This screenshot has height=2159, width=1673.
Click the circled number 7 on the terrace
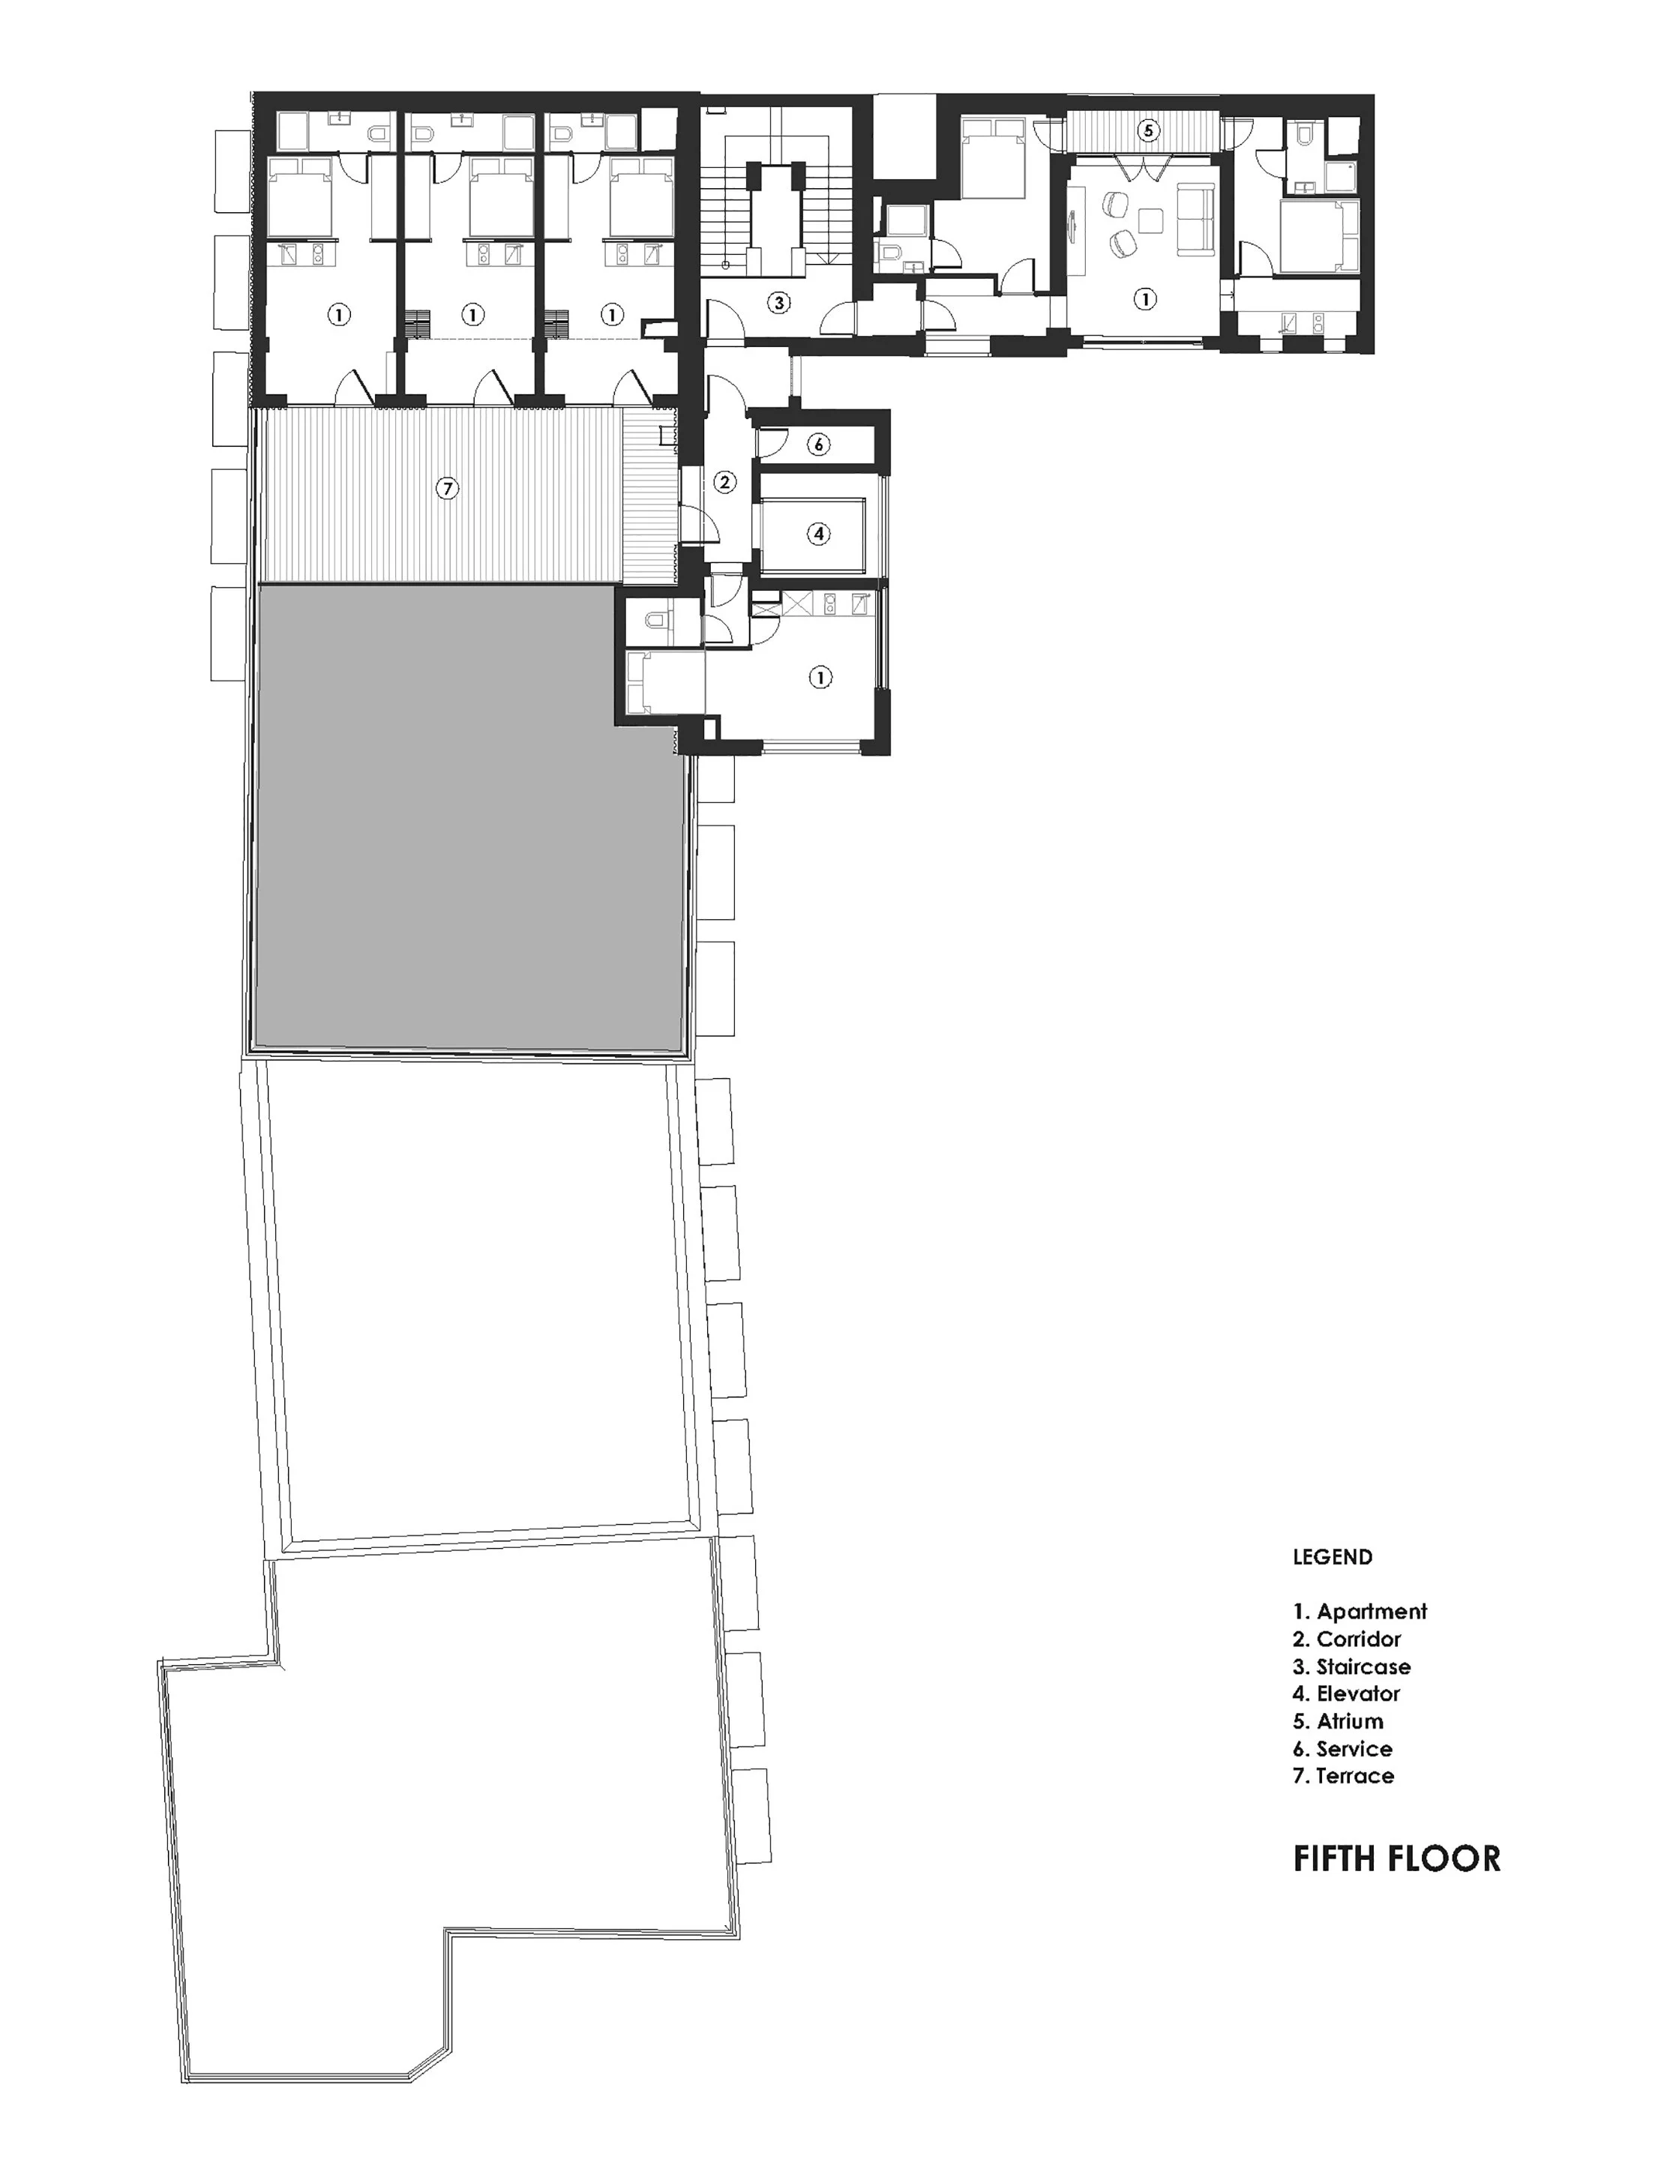click(x=448, y=488)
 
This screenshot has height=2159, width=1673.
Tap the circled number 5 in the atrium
click(x=1147, y=130)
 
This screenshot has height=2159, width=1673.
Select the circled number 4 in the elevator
click(x=817, y=534)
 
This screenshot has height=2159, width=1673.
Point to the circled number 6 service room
click(x=817, y=445)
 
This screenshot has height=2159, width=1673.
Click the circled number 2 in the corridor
click(x=725, y=483)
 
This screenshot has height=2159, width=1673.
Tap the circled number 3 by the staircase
click(x=778, y=303)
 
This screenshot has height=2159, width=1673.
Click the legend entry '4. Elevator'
click(x=1346, y=1693)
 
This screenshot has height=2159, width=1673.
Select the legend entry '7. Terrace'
click(x=1343, y=1775)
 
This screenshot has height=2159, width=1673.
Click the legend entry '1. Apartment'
click(x=1360, y=1611)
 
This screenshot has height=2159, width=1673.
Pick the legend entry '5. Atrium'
click(x=1337, y=1721)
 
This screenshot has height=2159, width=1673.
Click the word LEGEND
click(x=1332, y=1557)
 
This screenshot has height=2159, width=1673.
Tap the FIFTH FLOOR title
click(x=1396, y=1858)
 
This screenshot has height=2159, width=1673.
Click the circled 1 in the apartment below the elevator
click(x=820, y=678)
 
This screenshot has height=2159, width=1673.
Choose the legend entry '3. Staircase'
click(x=1351, y=1666)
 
